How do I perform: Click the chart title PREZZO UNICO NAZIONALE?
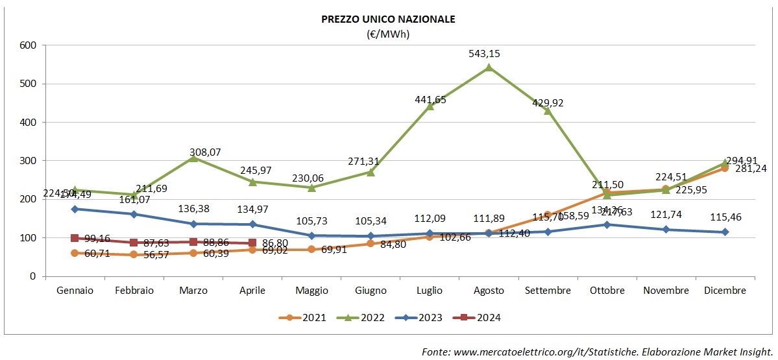tap(389, 19)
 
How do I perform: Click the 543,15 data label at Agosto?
tap(489, 53)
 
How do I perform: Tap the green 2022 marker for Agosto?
tap(489, 67)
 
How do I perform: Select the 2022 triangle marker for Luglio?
tap(430, 106)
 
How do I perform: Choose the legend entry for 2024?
tap(481, 318)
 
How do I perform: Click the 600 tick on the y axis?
tap(28, 45)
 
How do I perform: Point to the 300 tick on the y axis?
tap(28, 161)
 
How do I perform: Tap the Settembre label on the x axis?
tap(548, 291)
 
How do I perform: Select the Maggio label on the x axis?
tap(311, 291)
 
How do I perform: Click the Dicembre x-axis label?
tap(725, 291)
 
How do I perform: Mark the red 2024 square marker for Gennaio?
tap(75, 238)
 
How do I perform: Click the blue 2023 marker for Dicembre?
tap(725, 232)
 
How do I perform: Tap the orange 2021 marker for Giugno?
tap(371, 243)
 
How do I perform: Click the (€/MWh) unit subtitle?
tap(389, 34)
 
